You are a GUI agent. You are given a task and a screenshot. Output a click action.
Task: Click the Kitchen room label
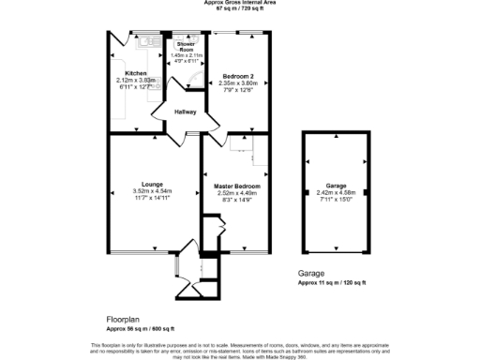136,72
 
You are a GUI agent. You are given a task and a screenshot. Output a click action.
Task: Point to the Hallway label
185,112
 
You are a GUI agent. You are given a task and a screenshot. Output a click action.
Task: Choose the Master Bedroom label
237,186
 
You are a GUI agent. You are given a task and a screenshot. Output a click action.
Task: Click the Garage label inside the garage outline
336,186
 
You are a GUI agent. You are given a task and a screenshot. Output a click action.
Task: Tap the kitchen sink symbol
145,41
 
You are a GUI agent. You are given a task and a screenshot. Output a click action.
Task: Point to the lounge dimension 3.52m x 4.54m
153,192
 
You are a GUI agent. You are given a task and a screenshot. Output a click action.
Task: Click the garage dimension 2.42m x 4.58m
336,192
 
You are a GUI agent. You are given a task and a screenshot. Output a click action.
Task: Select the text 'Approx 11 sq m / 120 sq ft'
334,282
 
